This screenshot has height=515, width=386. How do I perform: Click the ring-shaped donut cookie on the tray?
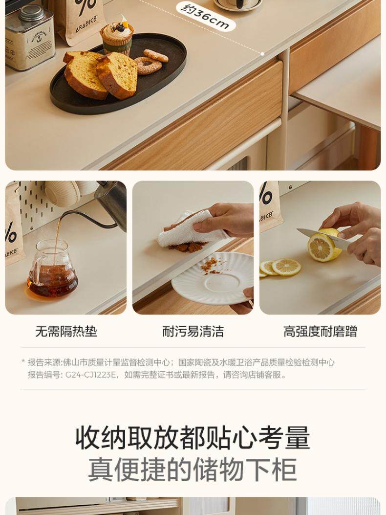148,66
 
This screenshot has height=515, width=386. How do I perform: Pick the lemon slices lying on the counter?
281,267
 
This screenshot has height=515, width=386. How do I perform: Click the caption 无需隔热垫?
66,332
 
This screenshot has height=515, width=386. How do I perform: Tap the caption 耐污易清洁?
193,332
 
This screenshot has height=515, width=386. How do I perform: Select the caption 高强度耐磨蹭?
320,332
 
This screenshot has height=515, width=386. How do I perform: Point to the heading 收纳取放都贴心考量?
193,438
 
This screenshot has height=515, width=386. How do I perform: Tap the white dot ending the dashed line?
262,53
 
